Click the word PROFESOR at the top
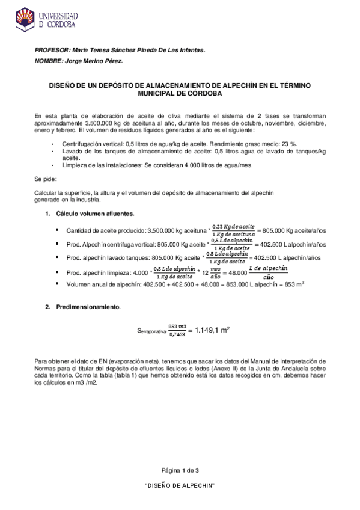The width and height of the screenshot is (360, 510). [51, 51]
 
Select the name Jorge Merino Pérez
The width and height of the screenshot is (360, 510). [96, 61]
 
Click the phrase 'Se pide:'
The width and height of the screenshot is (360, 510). [46, 180]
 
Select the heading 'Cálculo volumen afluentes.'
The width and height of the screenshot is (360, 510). [95, 214]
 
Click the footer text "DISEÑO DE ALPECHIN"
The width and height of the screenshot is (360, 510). [180, 485]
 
